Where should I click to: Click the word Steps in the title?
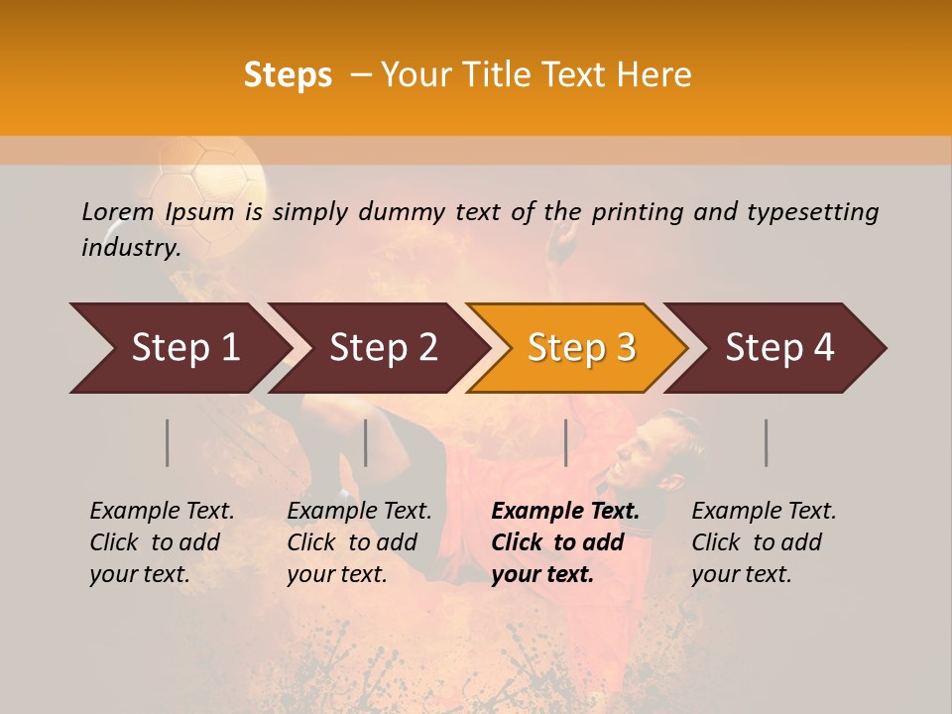point(288,75)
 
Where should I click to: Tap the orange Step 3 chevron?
point(581,347)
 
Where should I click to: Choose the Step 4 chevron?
point(779,347)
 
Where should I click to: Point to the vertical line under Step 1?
point(168,442)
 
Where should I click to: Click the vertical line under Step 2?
point(366,442)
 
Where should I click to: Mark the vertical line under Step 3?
point(565,442)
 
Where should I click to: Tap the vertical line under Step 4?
point(766,442)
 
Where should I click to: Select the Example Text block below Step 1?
point(161,542)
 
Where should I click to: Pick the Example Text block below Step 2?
point(358,542)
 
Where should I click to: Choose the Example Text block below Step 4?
point(763,542)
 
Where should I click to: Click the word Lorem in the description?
point(118,212)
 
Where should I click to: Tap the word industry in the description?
point(130,248)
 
